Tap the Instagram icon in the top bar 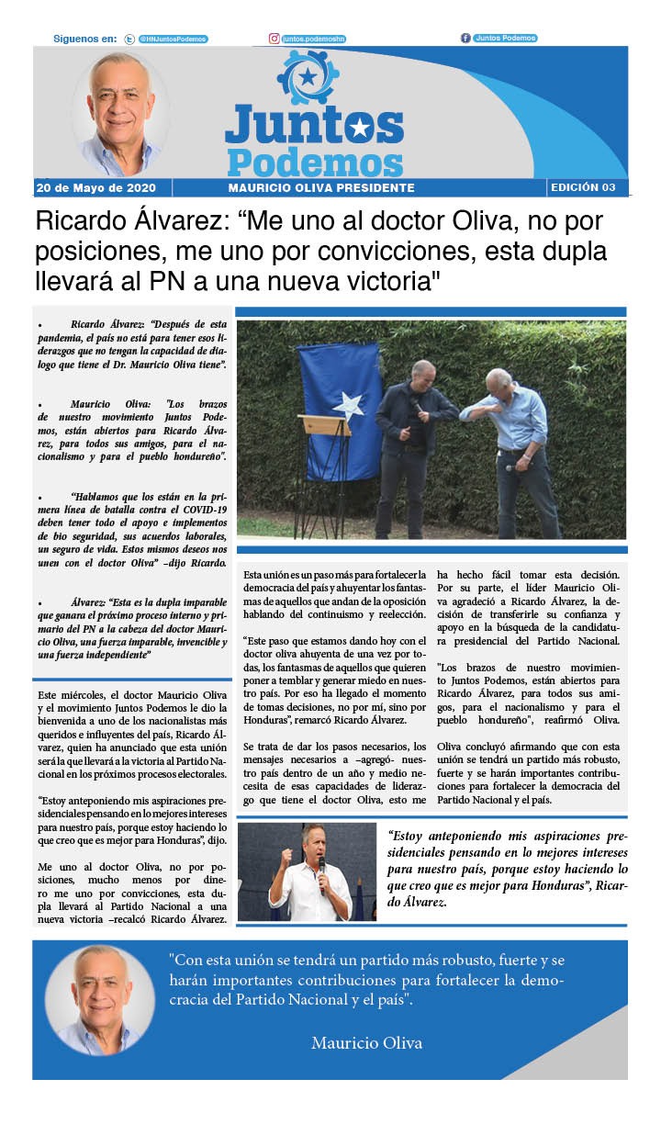274,39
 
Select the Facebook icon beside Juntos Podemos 465,38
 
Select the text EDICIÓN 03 583,187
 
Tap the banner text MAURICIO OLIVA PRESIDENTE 321,188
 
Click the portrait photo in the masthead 120,112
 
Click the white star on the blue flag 349,404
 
